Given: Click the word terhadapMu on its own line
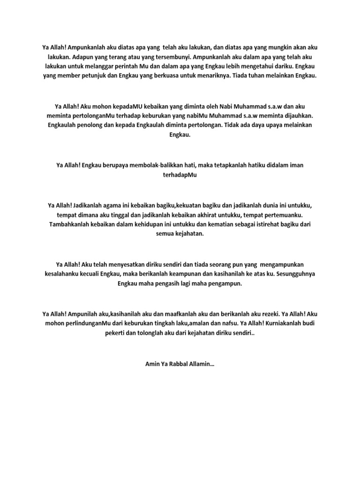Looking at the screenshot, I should tap(180, 174).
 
